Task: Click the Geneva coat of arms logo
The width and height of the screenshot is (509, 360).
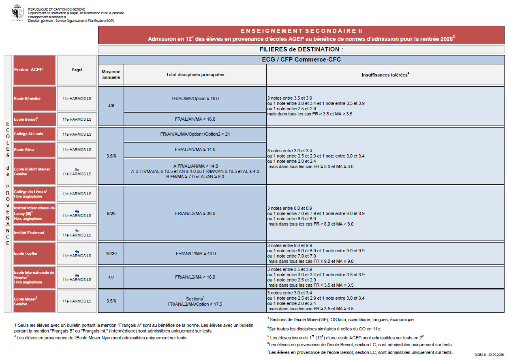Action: (17, 13)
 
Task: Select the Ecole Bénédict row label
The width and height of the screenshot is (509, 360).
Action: (34, 98)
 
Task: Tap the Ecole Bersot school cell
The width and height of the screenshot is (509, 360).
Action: (34, 119)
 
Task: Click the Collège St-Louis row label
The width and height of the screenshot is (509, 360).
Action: (34, 134)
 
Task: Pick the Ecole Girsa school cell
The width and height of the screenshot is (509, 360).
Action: (34, 149)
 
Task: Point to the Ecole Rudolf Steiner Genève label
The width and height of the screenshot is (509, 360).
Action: (34, 171)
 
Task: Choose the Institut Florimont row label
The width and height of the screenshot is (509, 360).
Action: (34, 233)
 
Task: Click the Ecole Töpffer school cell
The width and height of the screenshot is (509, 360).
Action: (34, 253)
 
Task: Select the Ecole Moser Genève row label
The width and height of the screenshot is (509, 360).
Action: (34, 301)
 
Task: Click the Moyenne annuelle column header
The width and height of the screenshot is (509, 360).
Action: (111, 75)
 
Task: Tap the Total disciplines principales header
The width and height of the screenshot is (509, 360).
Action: (195, 75)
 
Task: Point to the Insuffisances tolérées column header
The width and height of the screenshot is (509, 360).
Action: (385, 75)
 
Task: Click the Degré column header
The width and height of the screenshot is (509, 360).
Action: (77, 70)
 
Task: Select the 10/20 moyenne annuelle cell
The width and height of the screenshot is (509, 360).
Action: (111, 253)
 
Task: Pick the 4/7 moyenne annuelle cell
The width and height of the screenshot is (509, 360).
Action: (111, 277)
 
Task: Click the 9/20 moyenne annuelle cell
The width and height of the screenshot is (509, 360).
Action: (111, 213)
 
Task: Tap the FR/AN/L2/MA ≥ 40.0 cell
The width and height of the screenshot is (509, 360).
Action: (195, 253)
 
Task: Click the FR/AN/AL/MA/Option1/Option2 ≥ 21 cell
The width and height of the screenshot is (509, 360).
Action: (195, 134)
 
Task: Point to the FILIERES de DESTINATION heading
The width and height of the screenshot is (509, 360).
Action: (301, 49)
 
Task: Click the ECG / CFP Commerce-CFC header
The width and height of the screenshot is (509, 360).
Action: (301, 60)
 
